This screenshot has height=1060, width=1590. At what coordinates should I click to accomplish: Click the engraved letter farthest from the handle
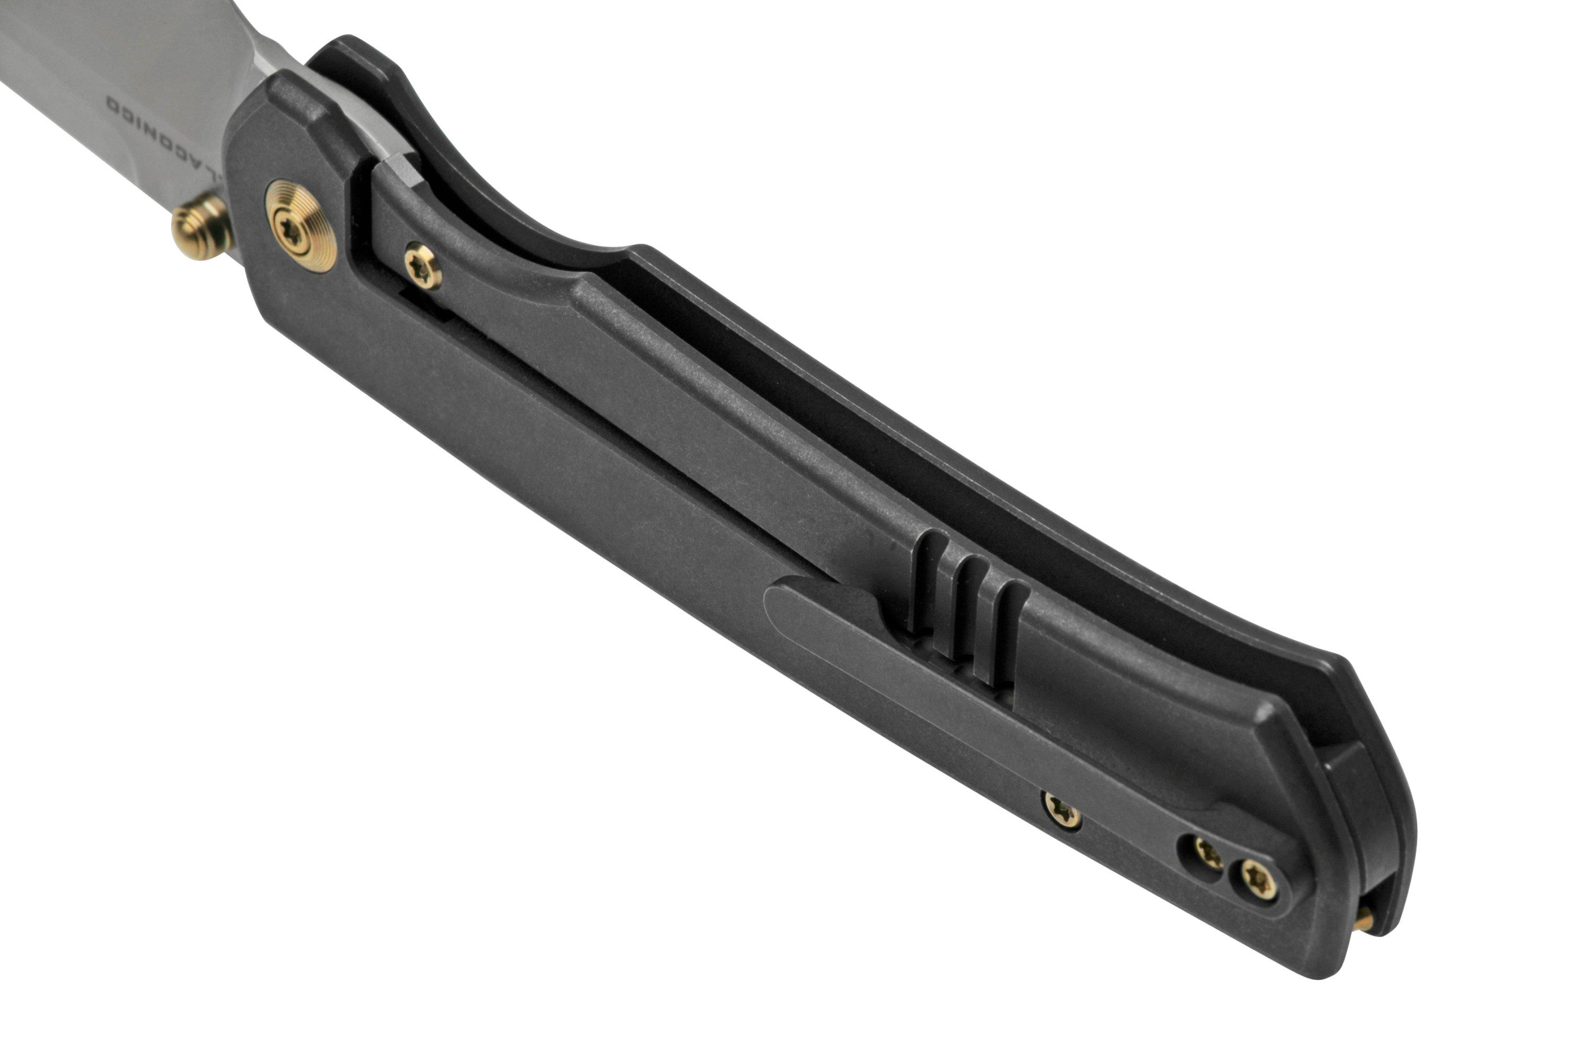coord(112,103)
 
